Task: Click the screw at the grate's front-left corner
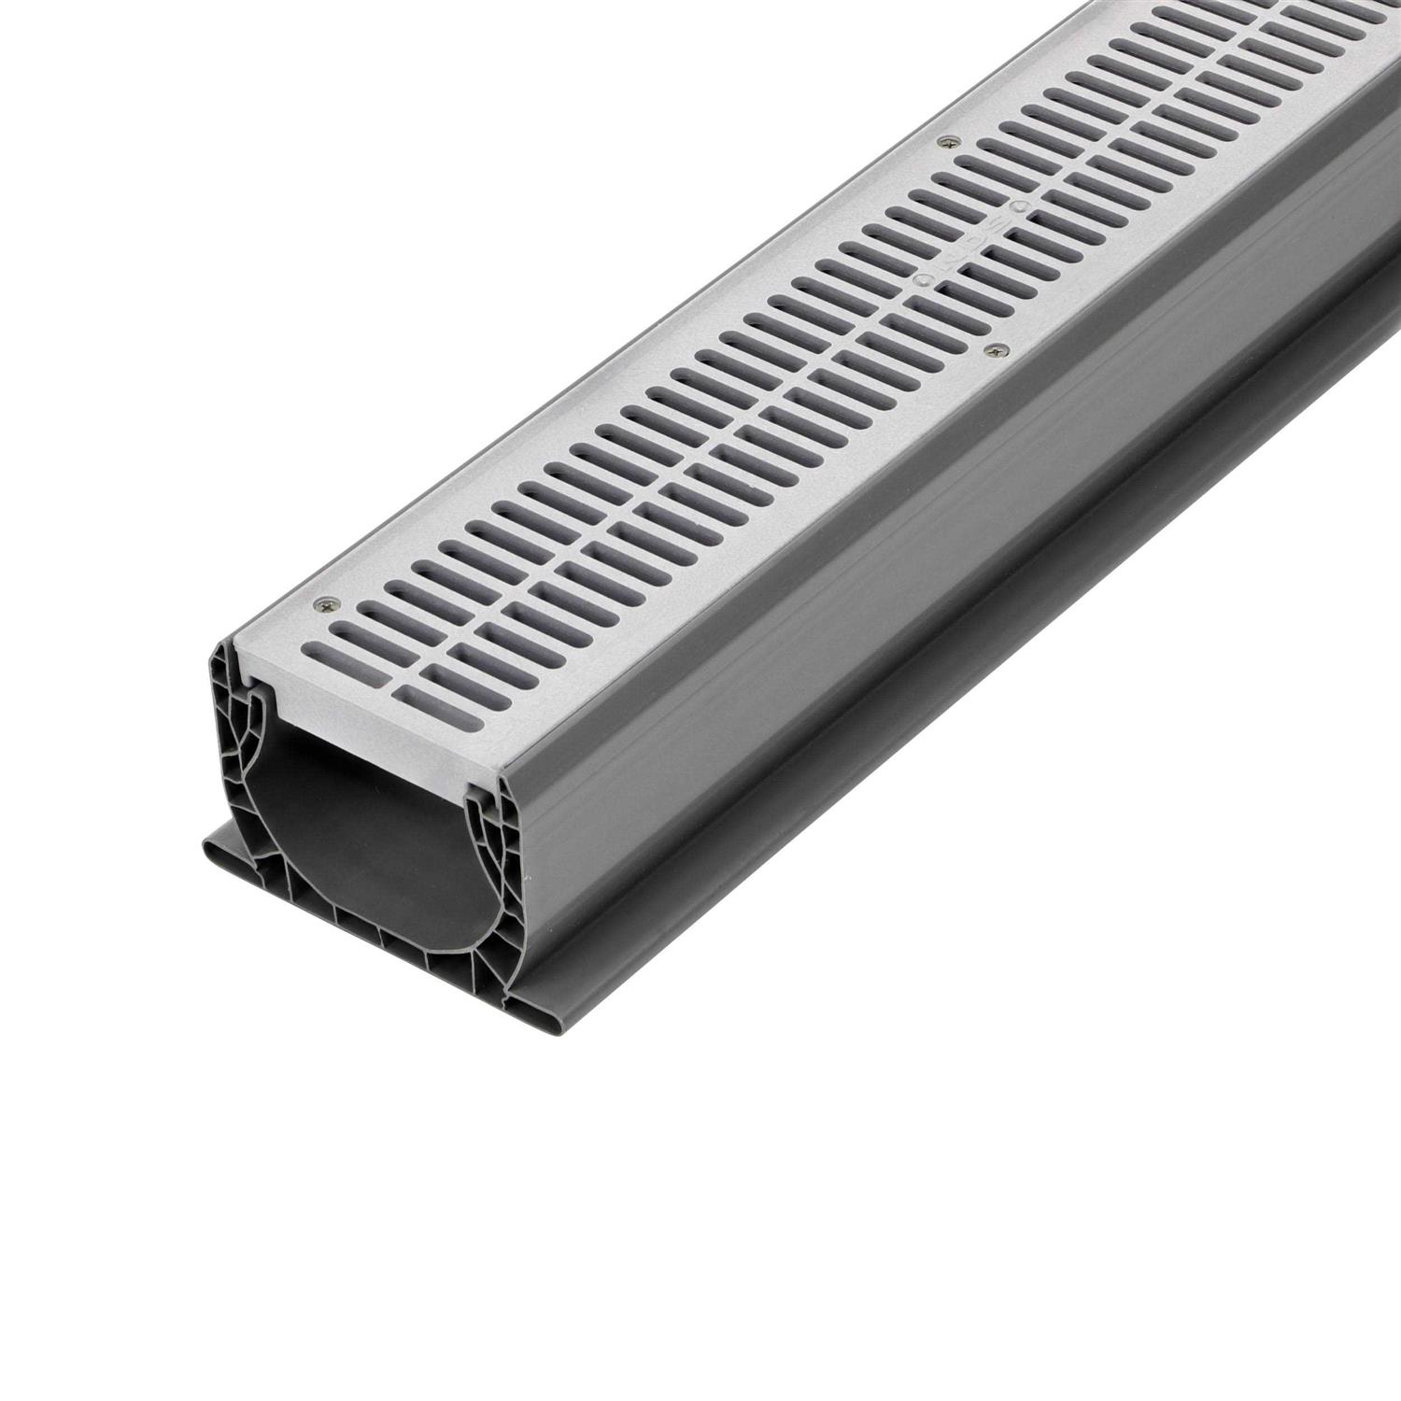323,603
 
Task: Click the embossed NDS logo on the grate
974,245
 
